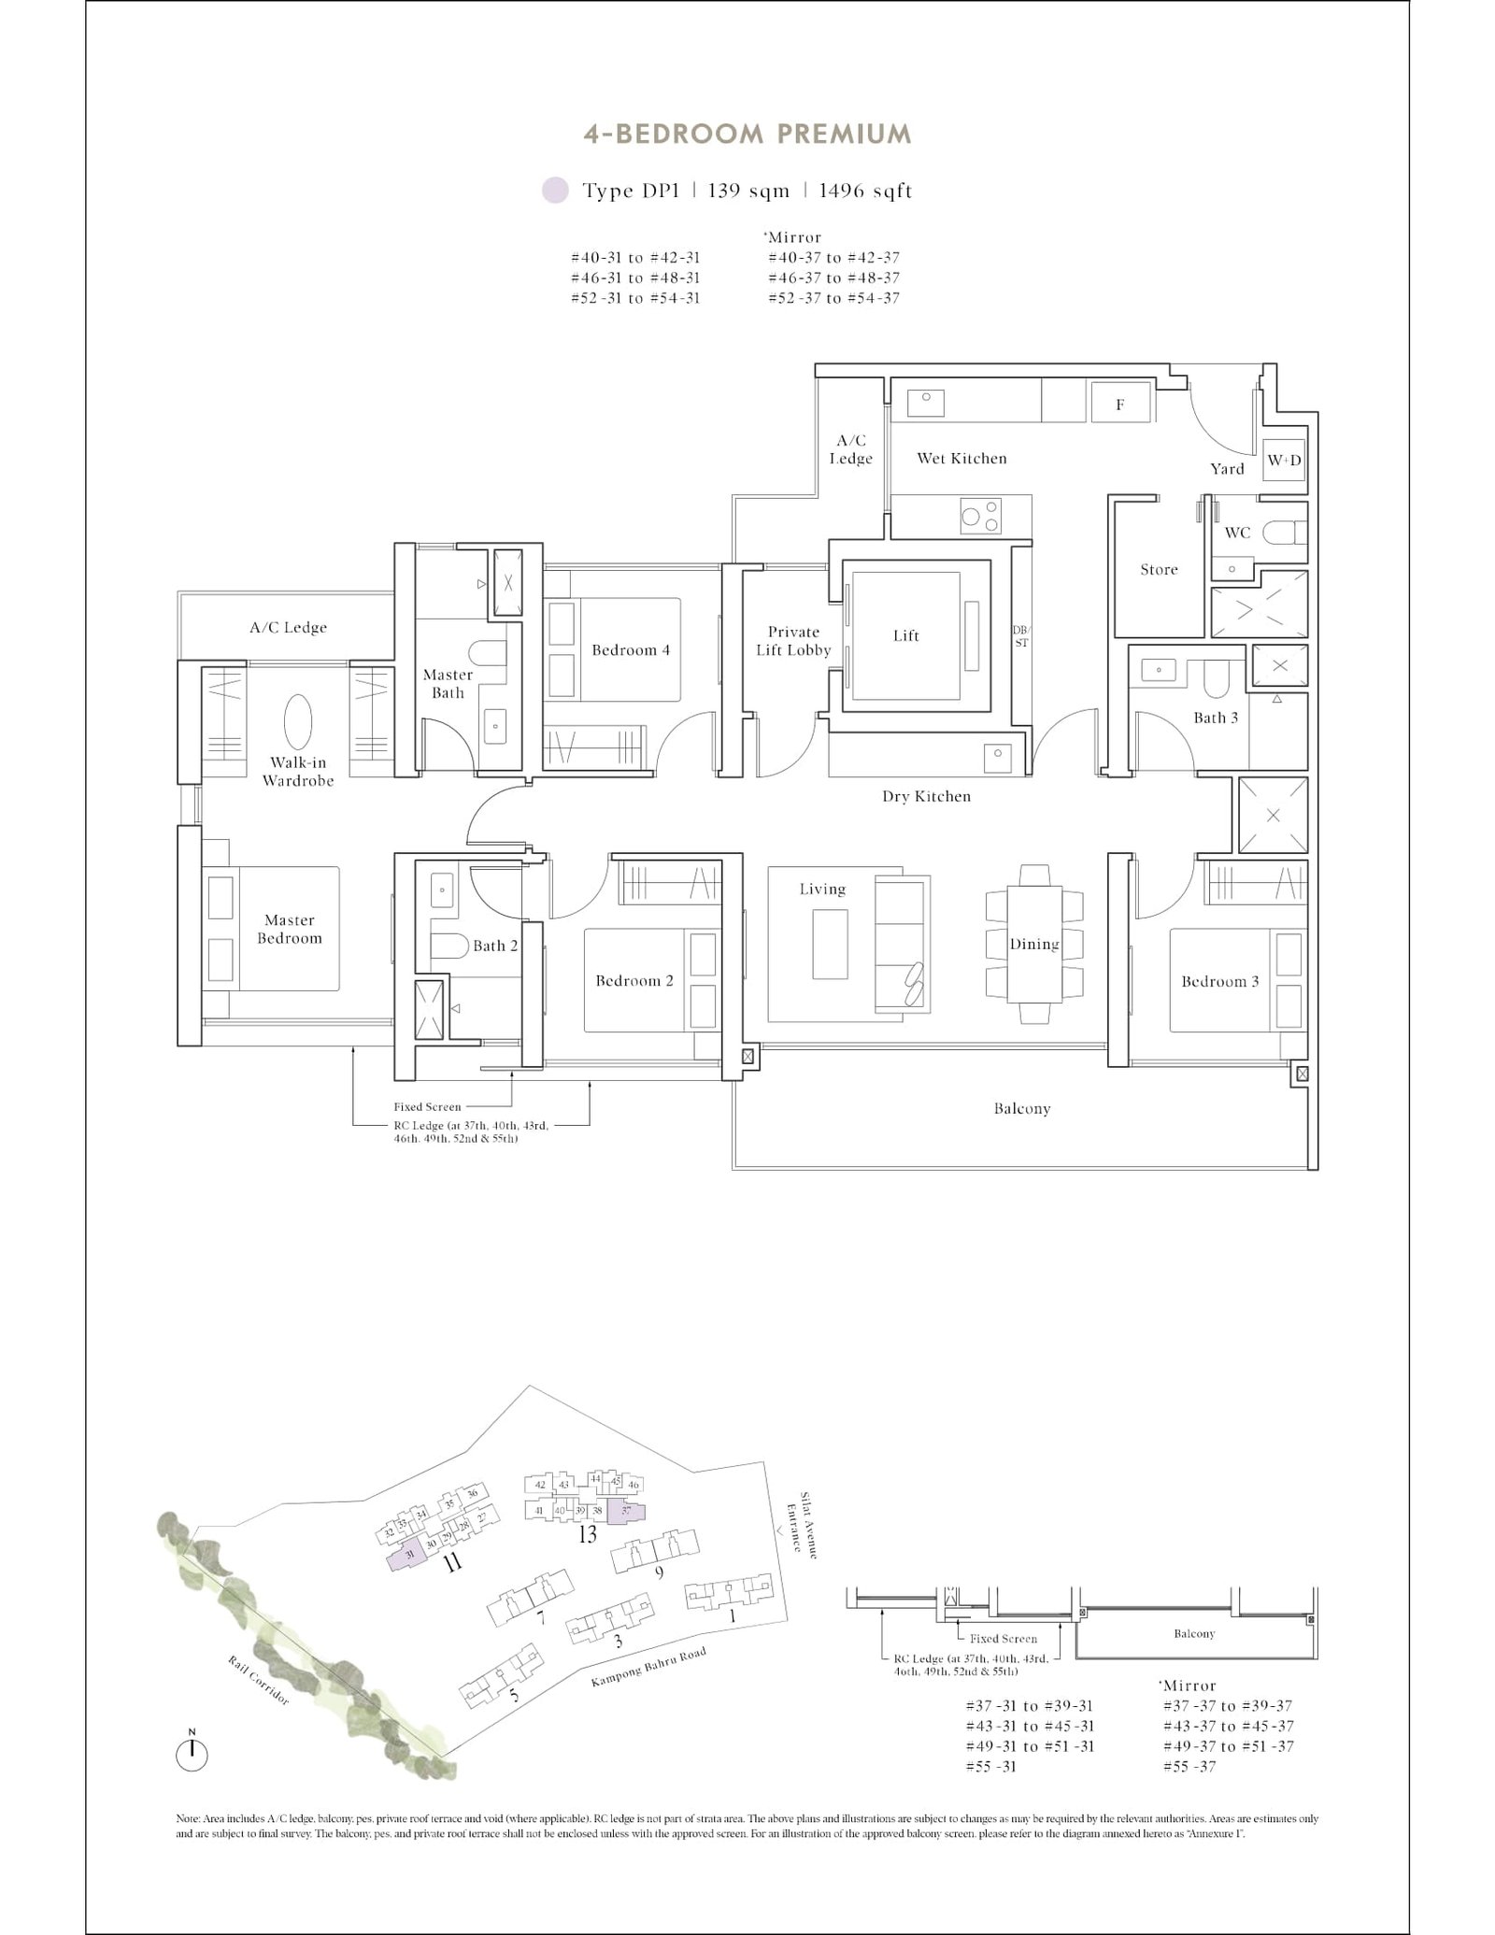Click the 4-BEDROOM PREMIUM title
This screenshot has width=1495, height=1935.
pos(747,134)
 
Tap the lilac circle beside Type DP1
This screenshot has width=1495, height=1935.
pos(555,191)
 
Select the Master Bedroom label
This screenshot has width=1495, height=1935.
pos(289,929)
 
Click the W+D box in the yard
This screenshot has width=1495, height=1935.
pos(1283,461)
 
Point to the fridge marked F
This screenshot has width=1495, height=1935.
pos(1119,404)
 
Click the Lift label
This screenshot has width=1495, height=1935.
pos(905,635)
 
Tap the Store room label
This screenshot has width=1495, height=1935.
pos(1159,569)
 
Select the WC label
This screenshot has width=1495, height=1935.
pos(1236,533)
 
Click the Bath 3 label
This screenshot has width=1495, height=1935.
pos(1215,718)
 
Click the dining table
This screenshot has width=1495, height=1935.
pos(1033,944)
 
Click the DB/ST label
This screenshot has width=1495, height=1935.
pos(1020,636)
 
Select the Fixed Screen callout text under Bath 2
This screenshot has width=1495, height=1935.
pos(427,1106)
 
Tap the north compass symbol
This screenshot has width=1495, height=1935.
pos(192,1755)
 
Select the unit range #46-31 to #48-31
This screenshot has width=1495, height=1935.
pos(635,277)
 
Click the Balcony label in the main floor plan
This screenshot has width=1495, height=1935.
pos(1021,1108)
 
